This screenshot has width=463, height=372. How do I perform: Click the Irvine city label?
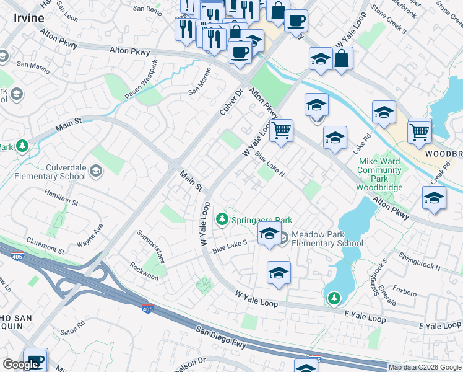(x=29, y=18)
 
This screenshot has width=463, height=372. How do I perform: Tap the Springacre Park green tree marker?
(x=222, y=219)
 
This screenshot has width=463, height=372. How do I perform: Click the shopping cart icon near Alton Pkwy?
(x=282, y=131)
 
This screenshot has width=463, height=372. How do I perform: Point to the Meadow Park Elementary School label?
(x=327, y=239)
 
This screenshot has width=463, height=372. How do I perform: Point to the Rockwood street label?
(x=144, y=271)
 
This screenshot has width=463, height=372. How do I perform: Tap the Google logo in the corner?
(x=20, y=365)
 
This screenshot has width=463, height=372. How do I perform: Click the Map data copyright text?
(x=425, y=367)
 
